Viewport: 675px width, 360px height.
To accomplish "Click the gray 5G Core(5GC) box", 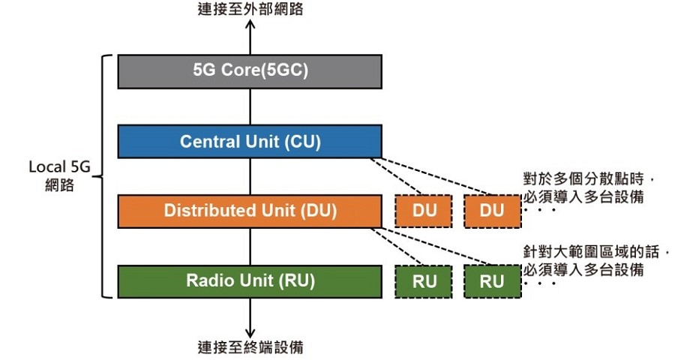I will [250, 71].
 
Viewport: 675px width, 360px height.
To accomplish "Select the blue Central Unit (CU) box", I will [250, 141].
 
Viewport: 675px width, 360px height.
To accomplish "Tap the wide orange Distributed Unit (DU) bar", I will [250, 211].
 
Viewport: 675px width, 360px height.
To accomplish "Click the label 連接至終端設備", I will [251, 346].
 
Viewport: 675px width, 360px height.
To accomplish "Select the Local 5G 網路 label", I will [59, 175].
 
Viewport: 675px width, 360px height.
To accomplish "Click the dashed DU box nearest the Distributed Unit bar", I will [424, 211].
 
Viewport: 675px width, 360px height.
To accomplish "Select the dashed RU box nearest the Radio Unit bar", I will [424, 281].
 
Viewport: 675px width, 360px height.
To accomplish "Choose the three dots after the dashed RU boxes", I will [540, 283].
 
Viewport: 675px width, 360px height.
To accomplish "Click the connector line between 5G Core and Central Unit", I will [251, 106].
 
